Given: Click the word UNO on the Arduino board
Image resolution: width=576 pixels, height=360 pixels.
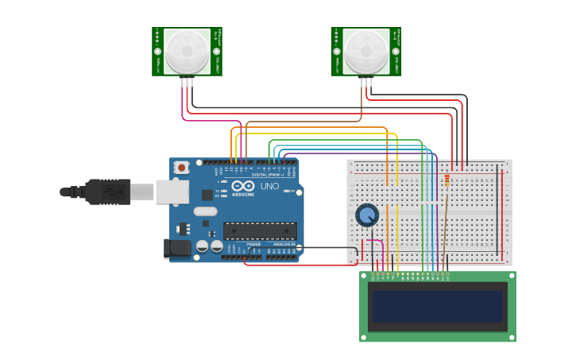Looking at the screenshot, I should coord(269,186).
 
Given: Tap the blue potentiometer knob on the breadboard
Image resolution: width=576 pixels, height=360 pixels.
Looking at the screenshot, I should coord(367,215).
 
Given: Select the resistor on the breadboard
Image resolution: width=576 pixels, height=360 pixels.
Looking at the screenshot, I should coord(446,181).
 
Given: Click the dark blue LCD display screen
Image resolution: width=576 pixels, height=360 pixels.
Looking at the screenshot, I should coord(437,306).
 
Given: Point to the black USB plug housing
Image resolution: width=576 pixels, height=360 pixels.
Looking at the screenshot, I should coord(107,192).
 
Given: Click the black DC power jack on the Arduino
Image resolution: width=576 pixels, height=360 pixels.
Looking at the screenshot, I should coord(177,249).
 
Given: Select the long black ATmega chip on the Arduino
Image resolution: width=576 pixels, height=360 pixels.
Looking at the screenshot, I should coord(260,230).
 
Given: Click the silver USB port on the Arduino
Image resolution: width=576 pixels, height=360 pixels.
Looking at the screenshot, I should coord(172,192).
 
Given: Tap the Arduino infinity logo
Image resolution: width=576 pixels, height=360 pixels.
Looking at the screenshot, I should coord(243,185).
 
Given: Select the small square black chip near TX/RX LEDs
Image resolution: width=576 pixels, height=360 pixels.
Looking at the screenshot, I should coord(207,195).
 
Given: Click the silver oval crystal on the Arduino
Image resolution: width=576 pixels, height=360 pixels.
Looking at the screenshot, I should coord(204,211).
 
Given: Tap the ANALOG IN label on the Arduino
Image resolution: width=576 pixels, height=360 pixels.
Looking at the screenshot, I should coord(282,244).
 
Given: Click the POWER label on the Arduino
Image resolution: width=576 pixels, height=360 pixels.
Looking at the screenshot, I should coord(253,244).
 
